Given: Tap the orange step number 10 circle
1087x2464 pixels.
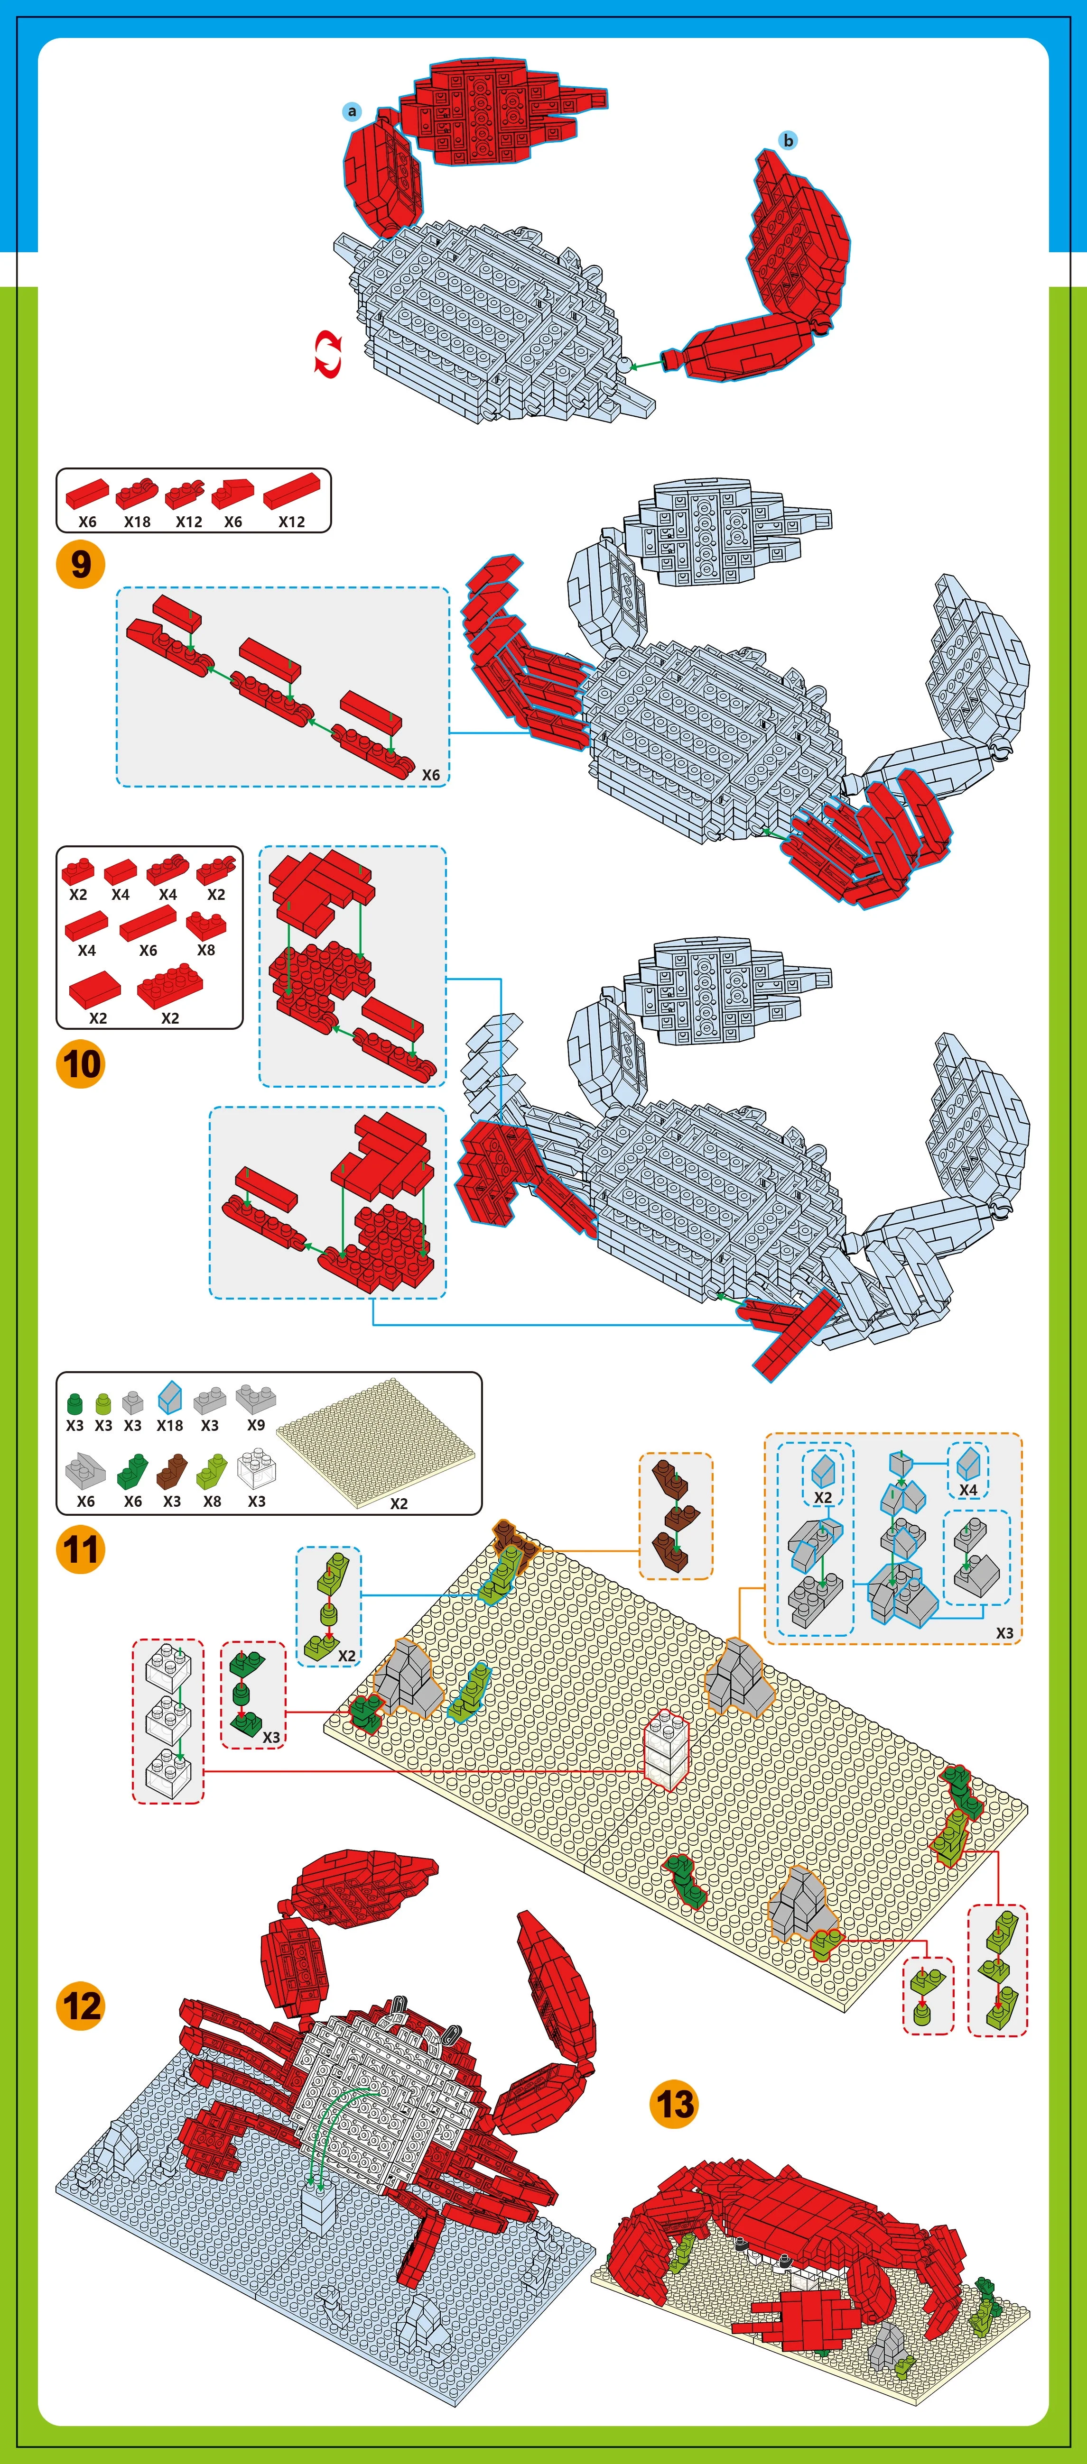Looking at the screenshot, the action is (x=80, y=1063).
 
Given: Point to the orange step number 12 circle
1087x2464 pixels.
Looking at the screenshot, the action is (x=80, y=2006).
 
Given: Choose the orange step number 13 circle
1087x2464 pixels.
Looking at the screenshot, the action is (x=674, y=2104).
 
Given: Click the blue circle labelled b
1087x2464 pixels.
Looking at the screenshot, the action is (x=789, y=141).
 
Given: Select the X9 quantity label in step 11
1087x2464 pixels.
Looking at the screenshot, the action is (x=255, y=1425).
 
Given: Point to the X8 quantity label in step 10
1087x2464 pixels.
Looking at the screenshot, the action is (x=206, y=950).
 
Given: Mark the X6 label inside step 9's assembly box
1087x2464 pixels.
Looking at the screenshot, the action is (x=431, y=775).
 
